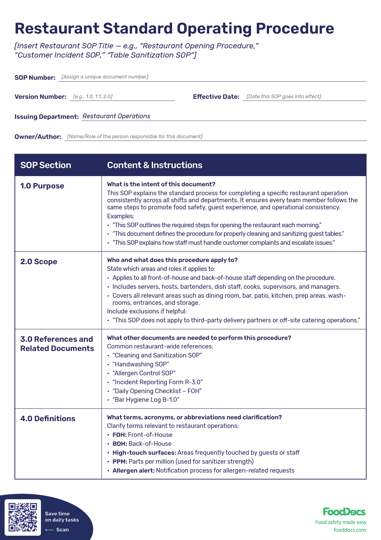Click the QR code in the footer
coord(23,517)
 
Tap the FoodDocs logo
coord(344,512)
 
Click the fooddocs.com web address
coord(350,530)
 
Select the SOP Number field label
coord(35,78)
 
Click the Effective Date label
coord(216,97)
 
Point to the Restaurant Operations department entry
coord(116,116)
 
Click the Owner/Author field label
coord(38,137)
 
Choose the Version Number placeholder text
coord(93,96)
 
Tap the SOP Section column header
coord(46,165)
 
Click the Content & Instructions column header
coord(155,165)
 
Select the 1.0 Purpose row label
coord(42,186)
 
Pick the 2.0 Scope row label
coord(39,262)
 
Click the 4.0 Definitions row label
coord(48,419)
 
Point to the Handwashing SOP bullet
coord(141,364)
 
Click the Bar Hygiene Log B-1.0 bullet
coord(146,400)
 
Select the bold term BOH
coord(120,444)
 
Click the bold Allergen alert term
coord(133,470)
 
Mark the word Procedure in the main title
coord(295,28)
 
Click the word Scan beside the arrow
coord(62,530)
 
